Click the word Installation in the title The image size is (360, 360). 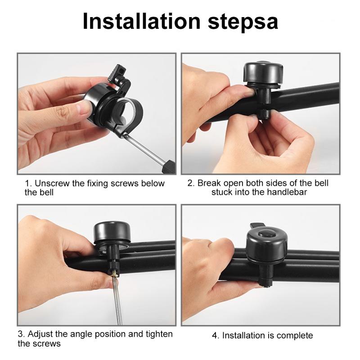click(x=142, y=21)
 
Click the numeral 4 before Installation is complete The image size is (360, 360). click(x=215, y=335)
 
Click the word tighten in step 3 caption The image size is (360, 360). click(x=159, y=334)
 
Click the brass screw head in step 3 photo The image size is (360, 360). click(x=114, y=274)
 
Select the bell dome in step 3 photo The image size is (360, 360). click(x=112, y=231)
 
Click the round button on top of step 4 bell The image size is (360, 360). click(x=266, y=234)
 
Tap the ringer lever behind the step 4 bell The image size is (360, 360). click(x=257, y=226)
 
